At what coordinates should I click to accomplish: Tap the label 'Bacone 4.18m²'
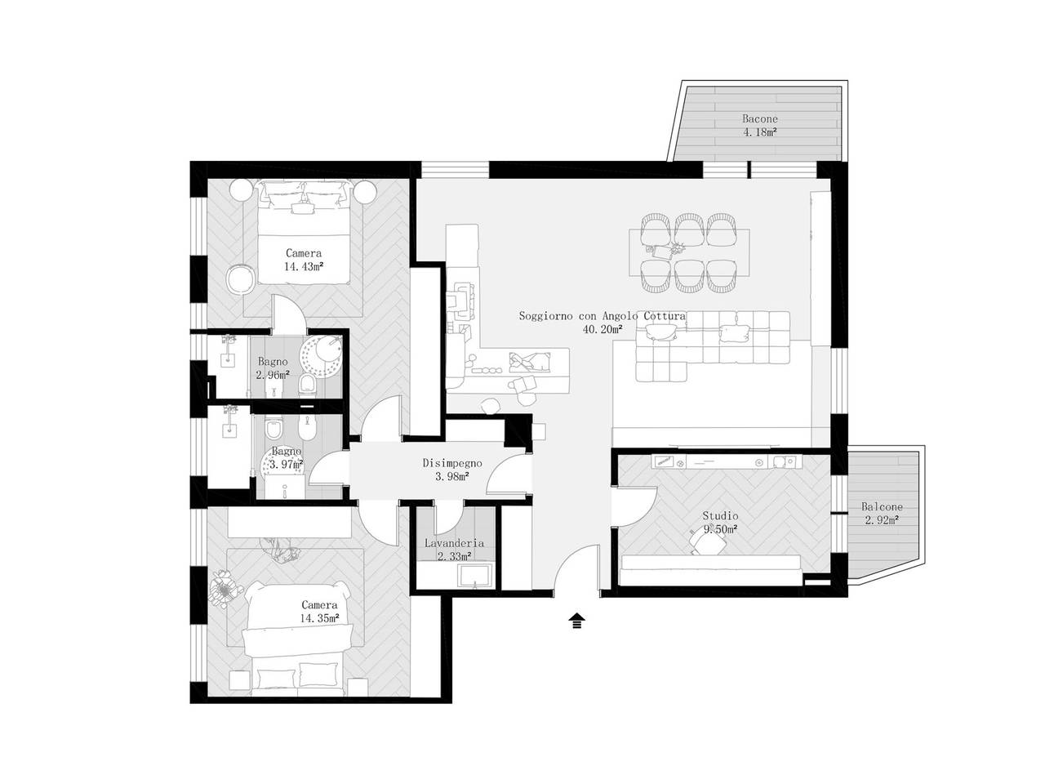point(759,125)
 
